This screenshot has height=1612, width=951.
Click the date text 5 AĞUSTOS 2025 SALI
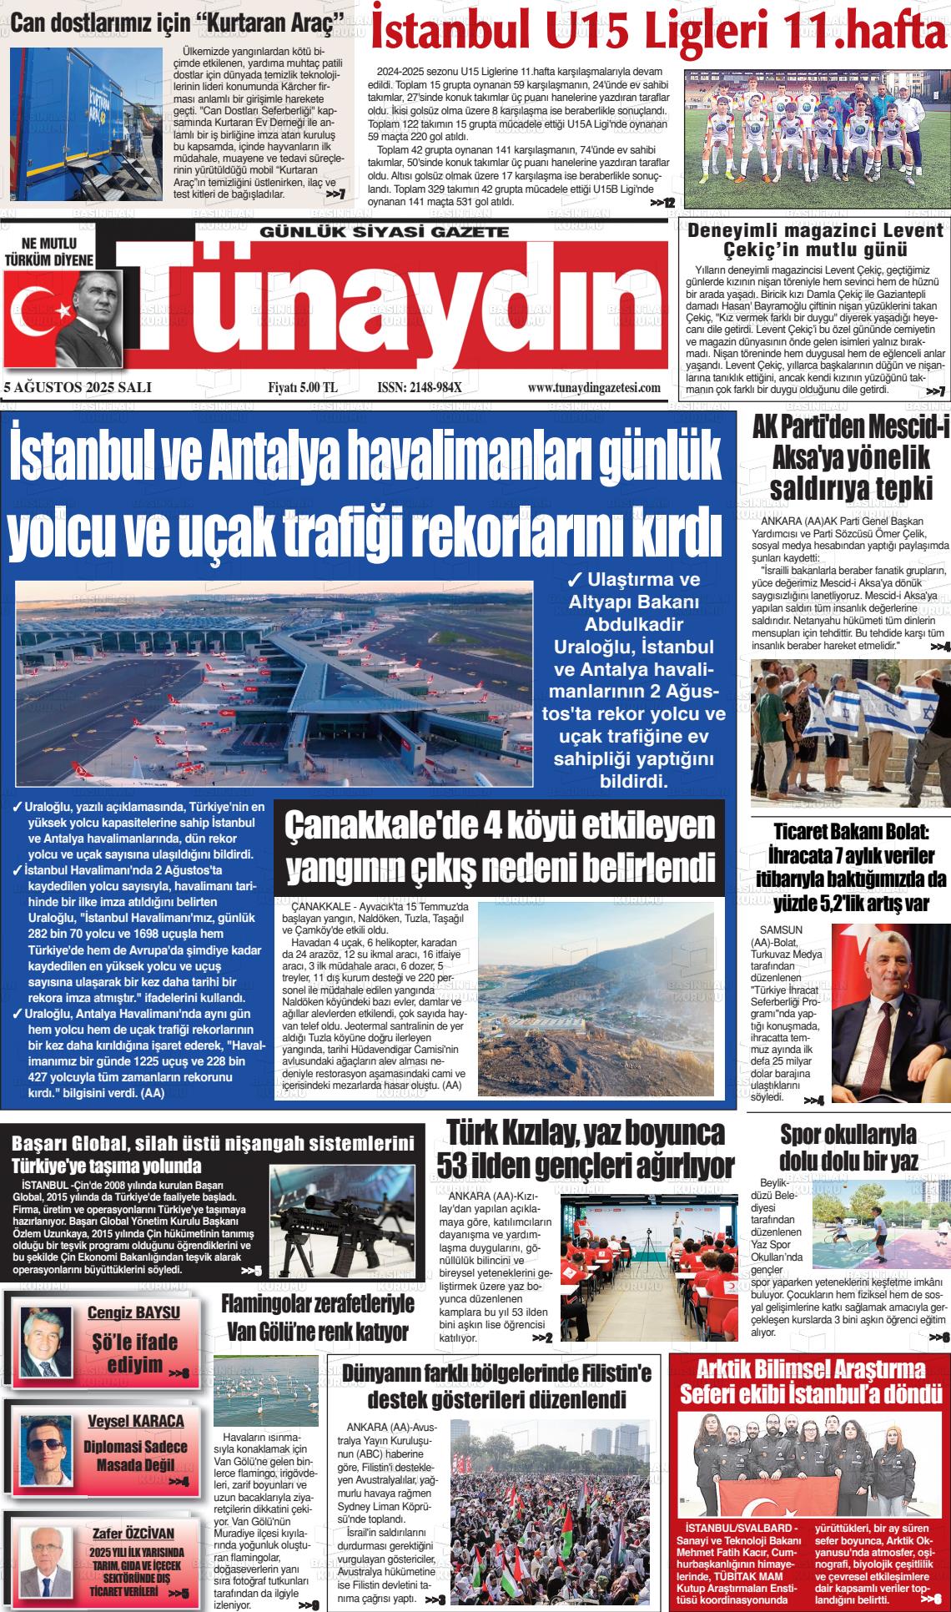coord(77,387)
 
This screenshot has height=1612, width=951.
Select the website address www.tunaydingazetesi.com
coord(594,387)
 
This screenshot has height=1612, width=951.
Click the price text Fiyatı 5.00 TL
coord(302,387)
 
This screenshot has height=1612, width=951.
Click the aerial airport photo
coord(274,684)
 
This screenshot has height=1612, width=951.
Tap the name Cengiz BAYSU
coord(133,1312)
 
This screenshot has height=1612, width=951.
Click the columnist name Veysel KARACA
coord(135,1420)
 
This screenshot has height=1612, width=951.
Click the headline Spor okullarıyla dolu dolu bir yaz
coord(848,1147)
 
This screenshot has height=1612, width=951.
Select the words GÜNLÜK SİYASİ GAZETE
coord(385,231)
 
